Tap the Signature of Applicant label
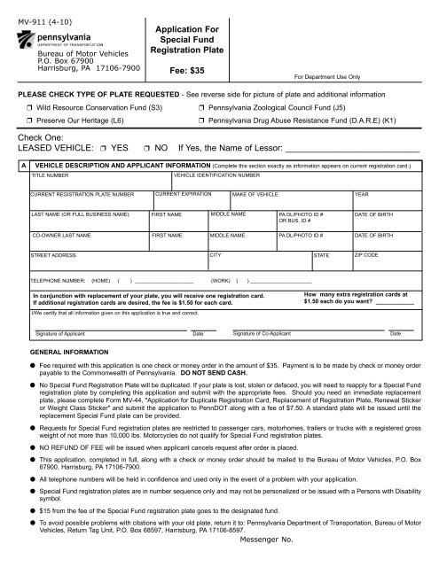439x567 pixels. pos(59,333)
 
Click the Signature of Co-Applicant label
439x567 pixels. pos(266,333)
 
